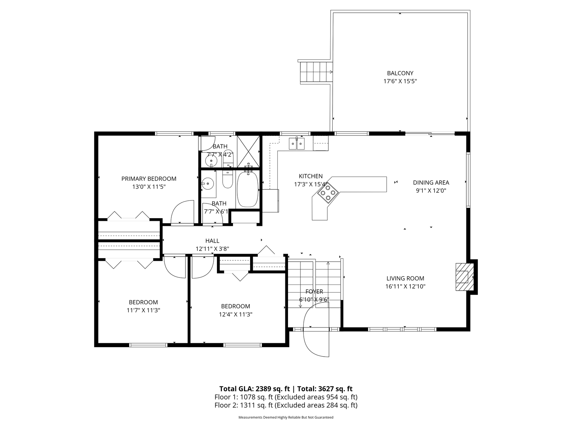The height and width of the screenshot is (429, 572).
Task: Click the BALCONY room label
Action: [x=400, y=73]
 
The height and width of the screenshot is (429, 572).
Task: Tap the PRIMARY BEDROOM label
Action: [x=149, y=179]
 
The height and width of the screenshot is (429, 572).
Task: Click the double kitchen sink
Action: [x=297, y=143]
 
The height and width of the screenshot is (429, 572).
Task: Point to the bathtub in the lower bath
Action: [x=248, y=189]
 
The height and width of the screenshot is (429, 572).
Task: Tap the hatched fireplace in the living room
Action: [x=464, y=277]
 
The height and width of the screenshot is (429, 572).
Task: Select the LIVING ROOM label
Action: [x=405, y=278]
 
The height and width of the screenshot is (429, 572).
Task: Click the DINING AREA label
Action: [x=431, y=183]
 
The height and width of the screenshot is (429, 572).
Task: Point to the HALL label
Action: [x=212, y=241]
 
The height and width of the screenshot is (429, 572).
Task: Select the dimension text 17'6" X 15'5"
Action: [x=400, y=81]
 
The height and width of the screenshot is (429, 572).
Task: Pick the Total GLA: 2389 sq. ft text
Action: [x=254, y=389]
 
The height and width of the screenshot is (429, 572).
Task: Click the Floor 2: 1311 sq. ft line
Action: [x=286, y=405]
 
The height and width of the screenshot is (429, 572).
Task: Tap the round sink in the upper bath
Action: [x=212, y=161]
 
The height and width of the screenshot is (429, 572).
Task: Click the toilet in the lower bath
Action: [x=228, y=180]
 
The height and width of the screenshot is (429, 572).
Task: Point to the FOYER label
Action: [x=314, y=292]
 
